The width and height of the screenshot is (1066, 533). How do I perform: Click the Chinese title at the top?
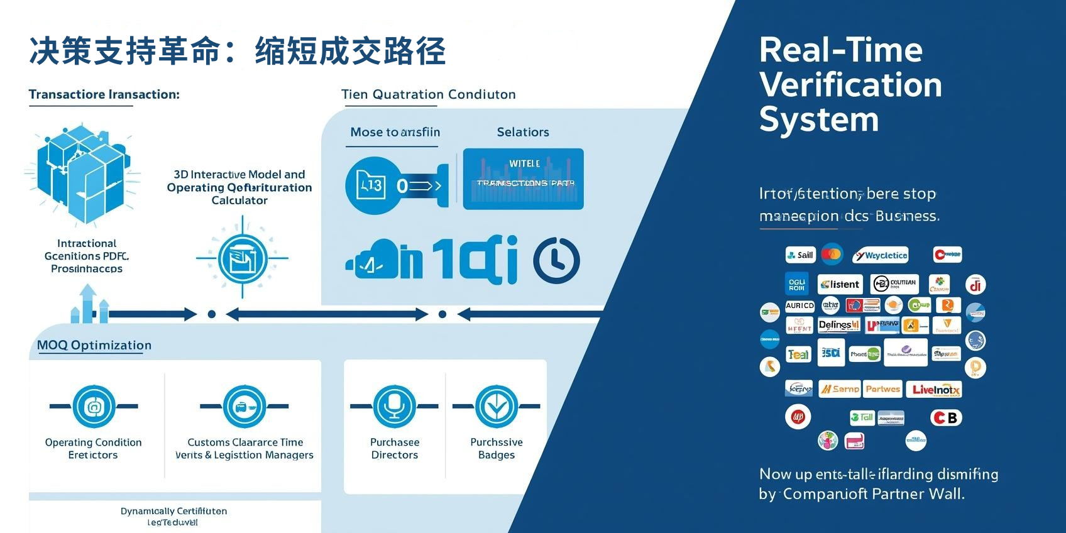pyautogui.click(x=238, y=52)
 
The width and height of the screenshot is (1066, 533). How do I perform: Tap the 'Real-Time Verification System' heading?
pyautogui.click(x=850, y=84)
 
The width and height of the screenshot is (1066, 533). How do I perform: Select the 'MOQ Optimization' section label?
pyautogui.click(x=94, y=345)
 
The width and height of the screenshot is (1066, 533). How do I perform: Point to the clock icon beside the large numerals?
pyautogui.click(x=556, y=260)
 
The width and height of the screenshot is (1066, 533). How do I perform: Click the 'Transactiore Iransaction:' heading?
pyautogui.click(x=104, y=94)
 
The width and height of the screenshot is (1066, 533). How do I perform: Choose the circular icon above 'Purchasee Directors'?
pyautogui.click(x=394, y=406)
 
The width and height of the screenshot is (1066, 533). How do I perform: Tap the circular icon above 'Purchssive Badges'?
pyautogui.click(x=497, y=406)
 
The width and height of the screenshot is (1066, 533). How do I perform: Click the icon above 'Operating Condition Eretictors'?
pyautogui.click(x=94, y=406)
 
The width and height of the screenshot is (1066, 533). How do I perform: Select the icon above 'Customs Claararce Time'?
pyautogui.click(x=245, y=406)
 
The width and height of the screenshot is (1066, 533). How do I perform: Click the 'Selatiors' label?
pyautogui.click(x=523, y=132)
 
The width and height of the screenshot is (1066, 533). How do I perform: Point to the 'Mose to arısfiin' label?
pyautogui.click(x=395, y=132)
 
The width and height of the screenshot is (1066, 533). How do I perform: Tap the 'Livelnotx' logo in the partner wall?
pyautogui.click(x=936, y=390)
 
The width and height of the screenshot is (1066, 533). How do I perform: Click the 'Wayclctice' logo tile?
pyautogui.click(x=881, y=255)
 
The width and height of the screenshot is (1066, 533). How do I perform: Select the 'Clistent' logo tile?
pyautogui.click(x=840, y=284)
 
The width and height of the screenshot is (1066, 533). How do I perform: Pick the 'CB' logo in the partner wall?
pyautogui.click(x=946, y=417)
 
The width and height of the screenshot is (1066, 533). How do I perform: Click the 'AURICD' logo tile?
pyautogui.click(x=799, y=305)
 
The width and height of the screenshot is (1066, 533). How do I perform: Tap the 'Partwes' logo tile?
pyautogui.click(x=882, y=389)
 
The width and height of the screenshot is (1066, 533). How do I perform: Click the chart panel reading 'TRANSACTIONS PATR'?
pyautogui.click(x=523, y=179)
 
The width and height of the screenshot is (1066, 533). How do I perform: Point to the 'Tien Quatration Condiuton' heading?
pyautogui.click(x=428, y=94)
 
